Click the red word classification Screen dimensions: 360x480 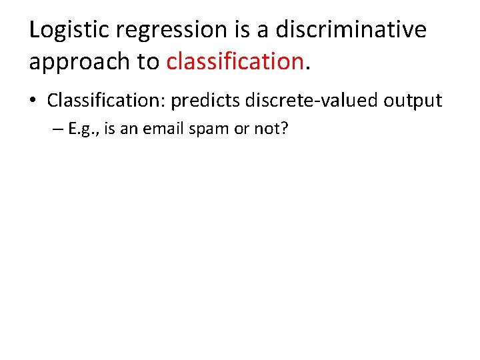[235, 61]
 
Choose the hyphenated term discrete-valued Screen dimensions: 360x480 [313, 101]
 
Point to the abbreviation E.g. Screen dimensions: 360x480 [83, 129]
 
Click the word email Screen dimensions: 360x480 [160, 129]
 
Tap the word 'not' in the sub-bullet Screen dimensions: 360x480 [265, 129]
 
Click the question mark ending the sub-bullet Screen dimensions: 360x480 [285, 129]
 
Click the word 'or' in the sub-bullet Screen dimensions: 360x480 [240, 129]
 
